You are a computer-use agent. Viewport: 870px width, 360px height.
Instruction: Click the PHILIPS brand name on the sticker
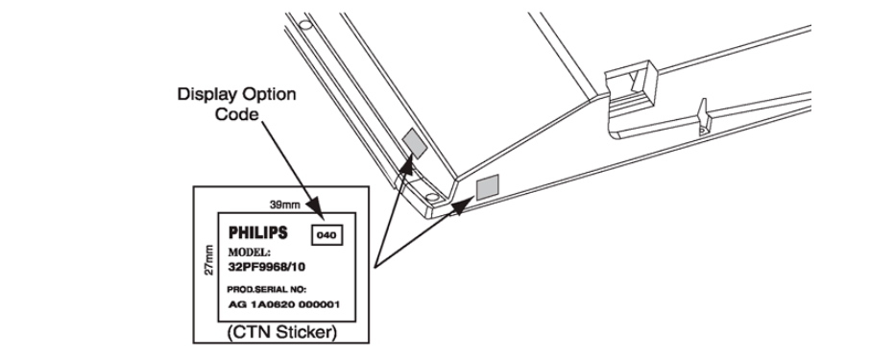pos(258,232)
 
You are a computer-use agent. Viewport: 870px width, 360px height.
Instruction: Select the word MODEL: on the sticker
pos(250,252)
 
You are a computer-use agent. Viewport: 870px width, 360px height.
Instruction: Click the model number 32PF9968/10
pos(267,267)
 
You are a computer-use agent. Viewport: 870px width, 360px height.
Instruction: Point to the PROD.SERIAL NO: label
pos(266,290)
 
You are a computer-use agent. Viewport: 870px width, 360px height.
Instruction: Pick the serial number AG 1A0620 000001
pos(284,304)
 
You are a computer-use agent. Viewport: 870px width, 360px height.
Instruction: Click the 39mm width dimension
pos(284,204)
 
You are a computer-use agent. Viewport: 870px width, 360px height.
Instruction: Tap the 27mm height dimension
pos(209,259)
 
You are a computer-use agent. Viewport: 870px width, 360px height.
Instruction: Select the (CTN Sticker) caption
pos(281,333)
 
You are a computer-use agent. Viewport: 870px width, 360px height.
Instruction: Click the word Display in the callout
pos(206,94)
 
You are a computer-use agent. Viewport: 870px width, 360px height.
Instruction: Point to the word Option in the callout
pos(268,94)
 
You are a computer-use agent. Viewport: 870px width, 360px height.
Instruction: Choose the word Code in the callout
pos(236,114)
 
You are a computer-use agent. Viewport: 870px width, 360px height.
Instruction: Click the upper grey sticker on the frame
pos(415,142)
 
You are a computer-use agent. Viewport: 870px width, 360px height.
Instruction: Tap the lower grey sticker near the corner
pos(488,186)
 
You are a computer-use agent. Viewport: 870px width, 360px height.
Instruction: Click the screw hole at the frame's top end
pos(304,24)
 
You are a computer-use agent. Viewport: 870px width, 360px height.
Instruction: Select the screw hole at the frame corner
pos(430,197)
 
